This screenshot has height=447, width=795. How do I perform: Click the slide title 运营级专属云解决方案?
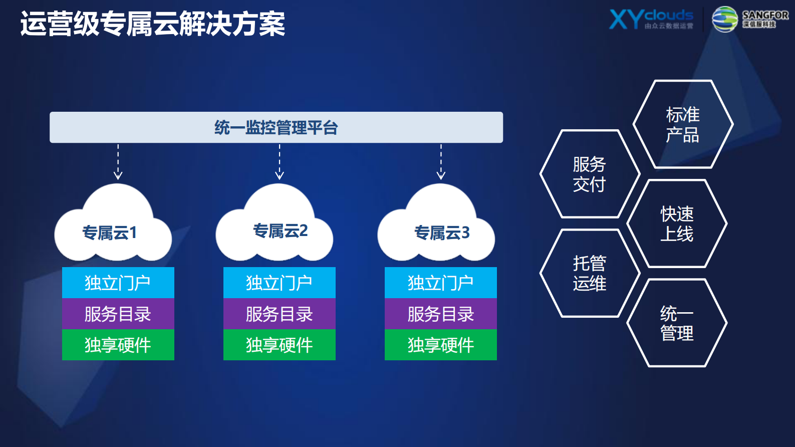(153, 24)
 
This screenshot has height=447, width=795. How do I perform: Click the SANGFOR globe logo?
(724, 20)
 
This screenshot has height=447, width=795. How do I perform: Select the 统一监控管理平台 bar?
(276, 127)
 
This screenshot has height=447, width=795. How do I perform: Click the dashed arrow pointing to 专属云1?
(118, 162)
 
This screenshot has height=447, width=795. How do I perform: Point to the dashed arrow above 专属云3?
(441, 162)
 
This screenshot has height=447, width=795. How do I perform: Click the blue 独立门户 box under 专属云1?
(118, 283)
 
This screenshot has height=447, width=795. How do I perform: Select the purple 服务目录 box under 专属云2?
(280, 314)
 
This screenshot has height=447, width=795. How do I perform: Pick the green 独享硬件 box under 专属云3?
(441, 345)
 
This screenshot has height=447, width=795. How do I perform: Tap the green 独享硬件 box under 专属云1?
(118, 345)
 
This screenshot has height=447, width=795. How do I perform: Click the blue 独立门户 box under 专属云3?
(441, 283)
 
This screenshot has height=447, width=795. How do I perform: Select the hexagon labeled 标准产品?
(682, 124)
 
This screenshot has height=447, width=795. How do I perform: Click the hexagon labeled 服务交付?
(589, 174)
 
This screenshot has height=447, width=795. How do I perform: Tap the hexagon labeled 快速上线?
(676, 223)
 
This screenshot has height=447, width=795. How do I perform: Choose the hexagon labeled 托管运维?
(589, 273)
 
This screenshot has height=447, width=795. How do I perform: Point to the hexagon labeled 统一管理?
(676, 323)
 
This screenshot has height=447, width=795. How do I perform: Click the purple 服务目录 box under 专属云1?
(118, 314)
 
